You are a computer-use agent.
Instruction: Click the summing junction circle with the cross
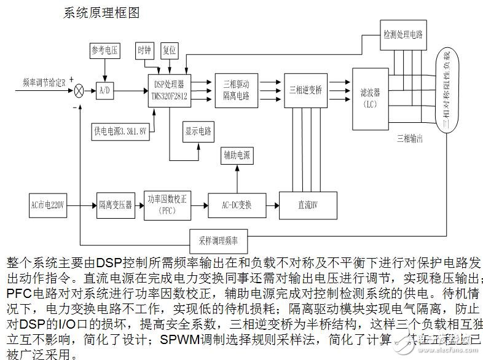click(x=79, y=91)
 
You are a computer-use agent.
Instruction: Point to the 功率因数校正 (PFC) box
click(x=168, y=204)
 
